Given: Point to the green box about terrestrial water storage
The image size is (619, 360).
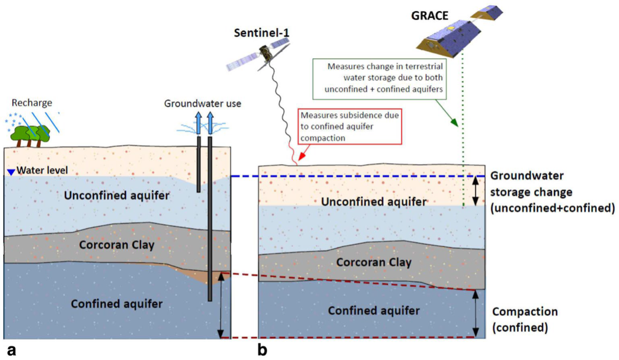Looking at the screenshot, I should coord(385,78).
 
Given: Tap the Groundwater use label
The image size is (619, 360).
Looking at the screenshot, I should coord(203,104).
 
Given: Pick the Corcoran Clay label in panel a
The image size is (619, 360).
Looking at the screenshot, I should coord(117,245).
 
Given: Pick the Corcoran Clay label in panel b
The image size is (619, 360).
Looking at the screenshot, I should coord(374,262).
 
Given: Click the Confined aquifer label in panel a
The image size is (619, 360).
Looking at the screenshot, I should coord(117,304).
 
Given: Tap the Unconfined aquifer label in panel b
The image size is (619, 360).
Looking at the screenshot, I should coord(374,202).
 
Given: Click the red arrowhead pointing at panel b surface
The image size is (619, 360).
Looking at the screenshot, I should coord(301,157).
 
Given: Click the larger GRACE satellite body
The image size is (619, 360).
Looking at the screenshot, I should coord(448,40).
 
